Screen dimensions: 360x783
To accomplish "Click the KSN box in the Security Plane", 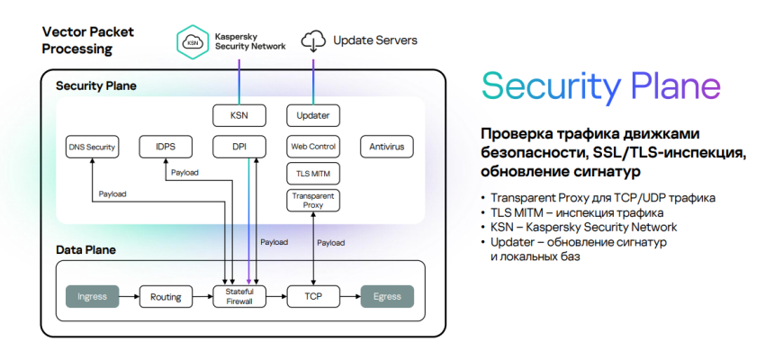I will (239, 115).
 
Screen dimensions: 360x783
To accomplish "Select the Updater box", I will (313, 115).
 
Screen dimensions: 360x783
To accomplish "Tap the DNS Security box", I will (93, 147).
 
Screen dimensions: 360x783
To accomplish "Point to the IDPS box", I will (166, 146).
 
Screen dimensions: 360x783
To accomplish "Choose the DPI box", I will (239, 146).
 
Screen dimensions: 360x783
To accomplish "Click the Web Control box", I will (313, 146).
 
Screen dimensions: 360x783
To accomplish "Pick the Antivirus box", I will (387, 146).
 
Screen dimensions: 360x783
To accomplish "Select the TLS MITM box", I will (313, 173).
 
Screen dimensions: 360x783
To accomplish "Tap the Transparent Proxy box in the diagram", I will (313, 201).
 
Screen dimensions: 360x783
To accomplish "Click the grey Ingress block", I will (93, 295).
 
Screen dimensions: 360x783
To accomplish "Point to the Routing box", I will (166, 295).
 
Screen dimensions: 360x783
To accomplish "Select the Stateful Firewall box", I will (239, 295).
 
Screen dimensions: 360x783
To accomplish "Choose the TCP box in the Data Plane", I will (313, 295).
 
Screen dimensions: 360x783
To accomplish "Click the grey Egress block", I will (387, 295).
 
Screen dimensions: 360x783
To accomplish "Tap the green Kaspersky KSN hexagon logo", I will (192, 40).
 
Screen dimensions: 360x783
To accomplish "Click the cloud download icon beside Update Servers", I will (313, 40).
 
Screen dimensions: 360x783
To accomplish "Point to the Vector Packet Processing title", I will (88, 40).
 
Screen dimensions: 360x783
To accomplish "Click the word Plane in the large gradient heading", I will (675, 86).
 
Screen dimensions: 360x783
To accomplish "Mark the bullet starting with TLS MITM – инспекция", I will (577, 213).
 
